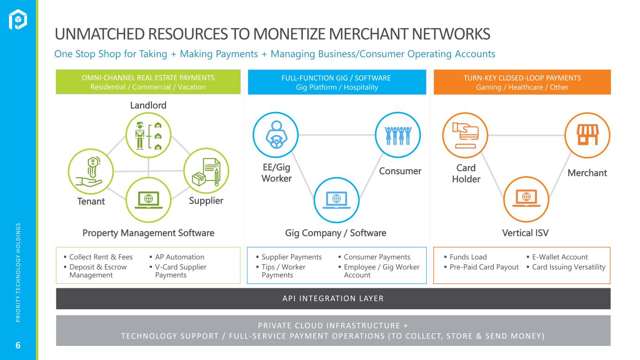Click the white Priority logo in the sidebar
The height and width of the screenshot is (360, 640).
[18, 19]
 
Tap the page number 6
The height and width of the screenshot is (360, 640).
[18, 345]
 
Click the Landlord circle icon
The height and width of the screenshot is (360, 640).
[148, 135]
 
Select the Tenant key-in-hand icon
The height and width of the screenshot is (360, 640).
[91, 172]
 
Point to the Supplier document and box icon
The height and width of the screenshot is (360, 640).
[206, 171]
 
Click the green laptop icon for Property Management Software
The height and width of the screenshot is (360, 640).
[148, 200]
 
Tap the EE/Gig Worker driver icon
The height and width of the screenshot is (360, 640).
[276, 135]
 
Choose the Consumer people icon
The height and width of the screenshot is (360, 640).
[398, 135]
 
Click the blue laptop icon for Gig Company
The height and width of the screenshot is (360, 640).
[337, 200]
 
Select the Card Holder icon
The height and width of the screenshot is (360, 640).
[465, 135]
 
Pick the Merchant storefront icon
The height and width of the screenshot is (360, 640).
[587, 135]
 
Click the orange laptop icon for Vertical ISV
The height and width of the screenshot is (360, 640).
[526, 199]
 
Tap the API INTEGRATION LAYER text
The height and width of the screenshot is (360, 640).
[333, 299]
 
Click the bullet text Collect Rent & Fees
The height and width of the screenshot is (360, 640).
[101, 257]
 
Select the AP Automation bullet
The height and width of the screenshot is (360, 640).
[180, 257]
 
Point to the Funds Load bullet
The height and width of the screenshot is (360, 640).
[468, 257]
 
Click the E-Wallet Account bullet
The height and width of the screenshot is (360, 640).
[560, 257]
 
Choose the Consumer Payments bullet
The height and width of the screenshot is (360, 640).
[377, 257]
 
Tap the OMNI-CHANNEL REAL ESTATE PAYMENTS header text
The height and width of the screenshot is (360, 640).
[148, 78]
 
